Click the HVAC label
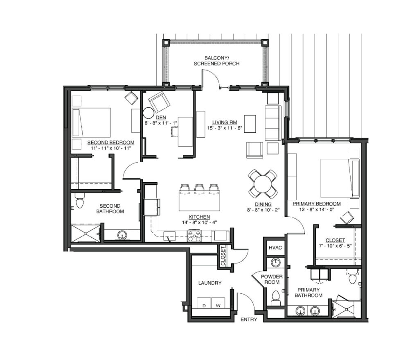click(275, 248)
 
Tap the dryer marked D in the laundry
click(204, 303)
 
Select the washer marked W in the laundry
click(219, 303)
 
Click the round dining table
click(263, 184)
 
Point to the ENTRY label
click(249, 319)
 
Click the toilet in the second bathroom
click(80, 201)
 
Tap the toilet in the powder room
click(275, 298)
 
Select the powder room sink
click(275, 263)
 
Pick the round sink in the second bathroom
click(122, 235)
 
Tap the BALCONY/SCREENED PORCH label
click(216, 61)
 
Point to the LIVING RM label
click(225, 122)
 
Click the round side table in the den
click(148, 113)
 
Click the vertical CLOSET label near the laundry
click(223, 256)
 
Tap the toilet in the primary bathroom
click(352, 277)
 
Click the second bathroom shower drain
click(86, 233)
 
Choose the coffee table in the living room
click(250, 124)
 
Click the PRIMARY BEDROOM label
click(317, 204)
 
